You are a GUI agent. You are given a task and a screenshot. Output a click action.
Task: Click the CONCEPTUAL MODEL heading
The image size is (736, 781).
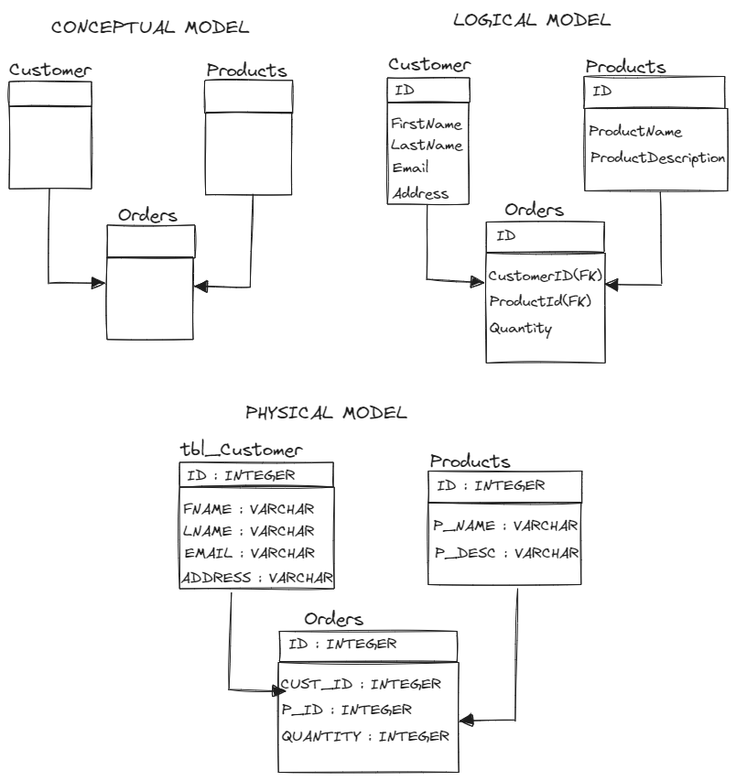150,27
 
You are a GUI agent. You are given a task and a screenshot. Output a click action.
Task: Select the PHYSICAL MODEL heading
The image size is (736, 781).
326,413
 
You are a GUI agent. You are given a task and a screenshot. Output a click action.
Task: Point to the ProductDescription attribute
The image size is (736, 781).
657,157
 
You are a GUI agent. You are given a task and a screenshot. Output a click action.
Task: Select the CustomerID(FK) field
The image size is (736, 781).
545,276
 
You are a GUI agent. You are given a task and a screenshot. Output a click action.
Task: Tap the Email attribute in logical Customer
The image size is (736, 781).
409,168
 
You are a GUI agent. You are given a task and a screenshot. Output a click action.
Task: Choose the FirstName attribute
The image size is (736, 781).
426,124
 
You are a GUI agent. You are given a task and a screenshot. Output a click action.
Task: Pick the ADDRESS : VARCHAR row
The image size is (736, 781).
256,578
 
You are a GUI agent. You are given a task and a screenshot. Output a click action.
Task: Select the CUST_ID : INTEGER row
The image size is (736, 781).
361,684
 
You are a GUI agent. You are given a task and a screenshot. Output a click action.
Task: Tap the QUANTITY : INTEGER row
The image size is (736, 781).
364,735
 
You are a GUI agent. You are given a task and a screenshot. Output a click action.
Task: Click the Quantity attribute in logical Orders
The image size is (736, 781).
520,328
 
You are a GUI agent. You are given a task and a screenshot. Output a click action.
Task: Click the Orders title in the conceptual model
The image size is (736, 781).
147,216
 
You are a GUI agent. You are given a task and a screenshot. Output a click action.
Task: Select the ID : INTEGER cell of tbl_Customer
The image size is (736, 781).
240,475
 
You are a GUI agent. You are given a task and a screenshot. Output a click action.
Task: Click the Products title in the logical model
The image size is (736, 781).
624,68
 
